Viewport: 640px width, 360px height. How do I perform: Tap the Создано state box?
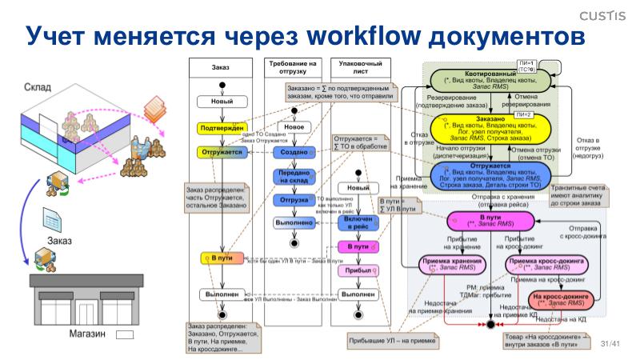(294, 152)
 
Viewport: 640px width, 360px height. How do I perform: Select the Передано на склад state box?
(294, 176)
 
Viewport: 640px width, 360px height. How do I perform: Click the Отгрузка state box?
(294, 199)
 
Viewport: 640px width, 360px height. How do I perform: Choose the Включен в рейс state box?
(358, 222)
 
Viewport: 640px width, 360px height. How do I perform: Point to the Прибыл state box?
(358, 271)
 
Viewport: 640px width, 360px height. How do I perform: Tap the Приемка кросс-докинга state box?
(546, 264)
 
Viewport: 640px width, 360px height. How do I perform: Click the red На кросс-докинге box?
(562, 300)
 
